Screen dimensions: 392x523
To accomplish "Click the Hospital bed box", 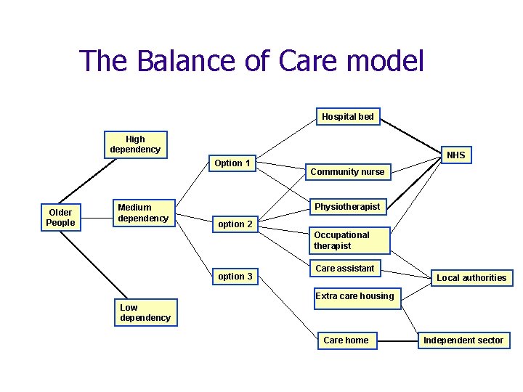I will pos(348,117).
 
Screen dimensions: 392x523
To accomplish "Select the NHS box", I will pos(455,155).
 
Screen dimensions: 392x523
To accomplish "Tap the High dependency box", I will pos(135,144).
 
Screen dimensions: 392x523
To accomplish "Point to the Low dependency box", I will pos(145,313).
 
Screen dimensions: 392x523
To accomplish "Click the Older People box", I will pos(60,218).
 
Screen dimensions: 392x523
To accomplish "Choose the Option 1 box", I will pos(232,163).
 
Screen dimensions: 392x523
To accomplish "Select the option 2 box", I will pos(235,224).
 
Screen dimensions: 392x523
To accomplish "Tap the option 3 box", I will pos(235,277).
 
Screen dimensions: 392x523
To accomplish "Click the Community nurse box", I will pos(347,172).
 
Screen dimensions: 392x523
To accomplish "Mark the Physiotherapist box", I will pos(347,207).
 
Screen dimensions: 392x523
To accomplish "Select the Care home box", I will pos(346,340).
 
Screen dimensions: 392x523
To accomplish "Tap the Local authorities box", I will pos(471,278).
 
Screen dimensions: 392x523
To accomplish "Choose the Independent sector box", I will pos(463,340).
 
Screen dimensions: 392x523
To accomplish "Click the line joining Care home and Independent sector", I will pos(397,340).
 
